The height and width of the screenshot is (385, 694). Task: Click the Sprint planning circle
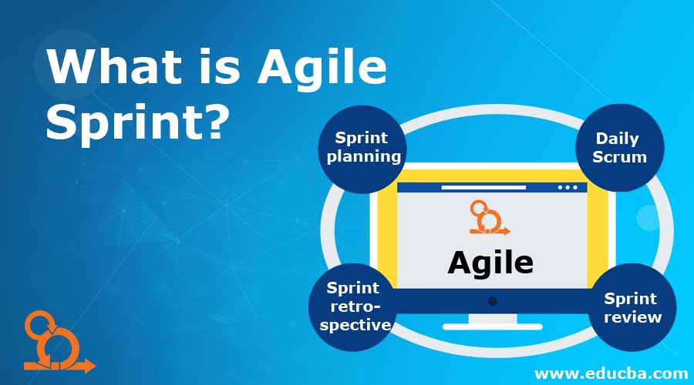[362, 148]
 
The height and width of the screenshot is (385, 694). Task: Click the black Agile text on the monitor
[490, 263]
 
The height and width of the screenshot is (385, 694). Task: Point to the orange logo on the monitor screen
[489, 218]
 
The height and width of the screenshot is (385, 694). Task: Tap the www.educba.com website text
[611, 373]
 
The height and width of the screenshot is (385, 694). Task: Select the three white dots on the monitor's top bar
[567, 187]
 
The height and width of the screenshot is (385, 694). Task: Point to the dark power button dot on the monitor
[492, 301]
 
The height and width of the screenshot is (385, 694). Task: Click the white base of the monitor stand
[492, 326]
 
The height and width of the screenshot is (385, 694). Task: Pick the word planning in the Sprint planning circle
[364, 156]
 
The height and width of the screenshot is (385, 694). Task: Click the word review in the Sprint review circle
[632, 316]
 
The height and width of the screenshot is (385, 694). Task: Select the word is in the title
[224, 69]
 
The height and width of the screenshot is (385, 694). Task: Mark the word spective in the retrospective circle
[355, 324]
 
